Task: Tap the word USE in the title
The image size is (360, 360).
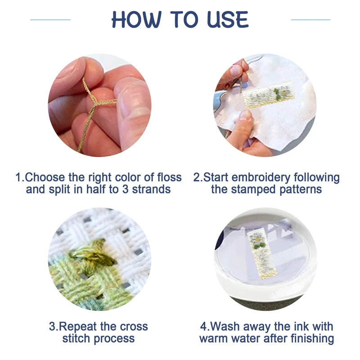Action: tap(228, 19)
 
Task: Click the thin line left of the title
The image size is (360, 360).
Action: tap(50, 20)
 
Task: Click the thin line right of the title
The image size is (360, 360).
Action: tap(310, 20)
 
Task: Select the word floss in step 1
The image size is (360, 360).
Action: tap(170, 177)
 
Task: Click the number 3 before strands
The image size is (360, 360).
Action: tap(125, 189)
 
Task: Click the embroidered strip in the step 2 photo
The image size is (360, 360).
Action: tap(269, 96)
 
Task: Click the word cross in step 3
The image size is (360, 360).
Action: tap(134, 327)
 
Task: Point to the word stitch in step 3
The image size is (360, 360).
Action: tap(76, 338)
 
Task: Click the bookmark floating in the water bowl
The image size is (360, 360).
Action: tap(262, 254)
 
